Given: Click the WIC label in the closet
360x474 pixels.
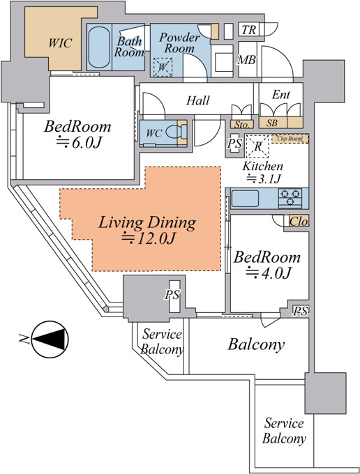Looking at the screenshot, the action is (60, 43).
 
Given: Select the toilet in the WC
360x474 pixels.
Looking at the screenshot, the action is (175, 132).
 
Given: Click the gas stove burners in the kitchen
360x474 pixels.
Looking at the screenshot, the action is (290, 198).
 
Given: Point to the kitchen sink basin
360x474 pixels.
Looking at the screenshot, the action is (245, 198).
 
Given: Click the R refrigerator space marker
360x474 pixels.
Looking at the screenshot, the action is (257, 146).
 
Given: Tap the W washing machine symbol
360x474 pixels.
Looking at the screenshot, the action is (163, 67).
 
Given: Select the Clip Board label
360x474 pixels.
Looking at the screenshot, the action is (290, 139).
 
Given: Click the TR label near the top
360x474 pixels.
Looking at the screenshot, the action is (248, 30).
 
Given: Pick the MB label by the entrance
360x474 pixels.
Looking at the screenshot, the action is (246, 60).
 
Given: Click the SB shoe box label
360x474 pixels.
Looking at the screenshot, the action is (271, 123).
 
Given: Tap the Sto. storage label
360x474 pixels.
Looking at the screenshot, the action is (242, 124).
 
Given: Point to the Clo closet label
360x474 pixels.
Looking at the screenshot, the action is (299, 222).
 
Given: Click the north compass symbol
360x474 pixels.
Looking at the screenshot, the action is (50, 339).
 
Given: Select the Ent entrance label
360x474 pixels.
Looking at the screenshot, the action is (281, 95).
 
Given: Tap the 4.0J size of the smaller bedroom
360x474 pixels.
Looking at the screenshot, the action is (268, 273).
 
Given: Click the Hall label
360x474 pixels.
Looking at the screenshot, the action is (198, 100).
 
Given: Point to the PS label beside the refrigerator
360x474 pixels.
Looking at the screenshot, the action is (234, 144).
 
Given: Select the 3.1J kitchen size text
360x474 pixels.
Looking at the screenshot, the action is (264, 179).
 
